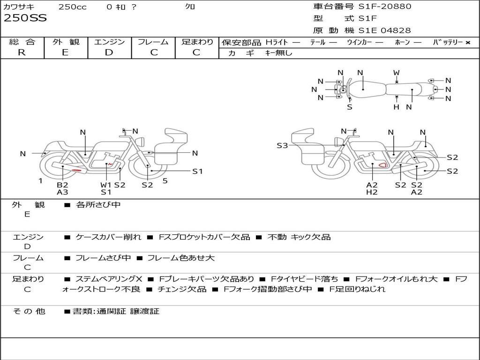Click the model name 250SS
[x=25, y=18]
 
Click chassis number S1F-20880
[x=385, y=6]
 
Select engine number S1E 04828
[x=384, y=30]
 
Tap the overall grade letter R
[x=22, y=52]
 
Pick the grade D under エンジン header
[x=109, y=52]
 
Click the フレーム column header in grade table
[x=153, y=42]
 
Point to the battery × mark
[x=468, y=43]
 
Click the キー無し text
[x=279, y=53]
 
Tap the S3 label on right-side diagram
[x=282, y=145]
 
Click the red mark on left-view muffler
[x=76, y=170]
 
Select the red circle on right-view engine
[x=382, y=165]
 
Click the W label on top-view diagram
[x=397, y=73]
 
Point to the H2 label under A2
[x=372, y=192]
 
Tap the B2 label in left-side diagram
[x=62, y=185]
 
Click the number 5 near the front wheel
[x=165, y=181]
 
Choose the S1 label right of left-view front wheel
[x=197, y=172]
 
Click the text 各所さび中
[x=98, y=204]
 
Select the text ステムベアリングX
[x=109, y=279]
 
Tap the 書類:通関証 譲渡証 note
[x=116, y=311]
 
